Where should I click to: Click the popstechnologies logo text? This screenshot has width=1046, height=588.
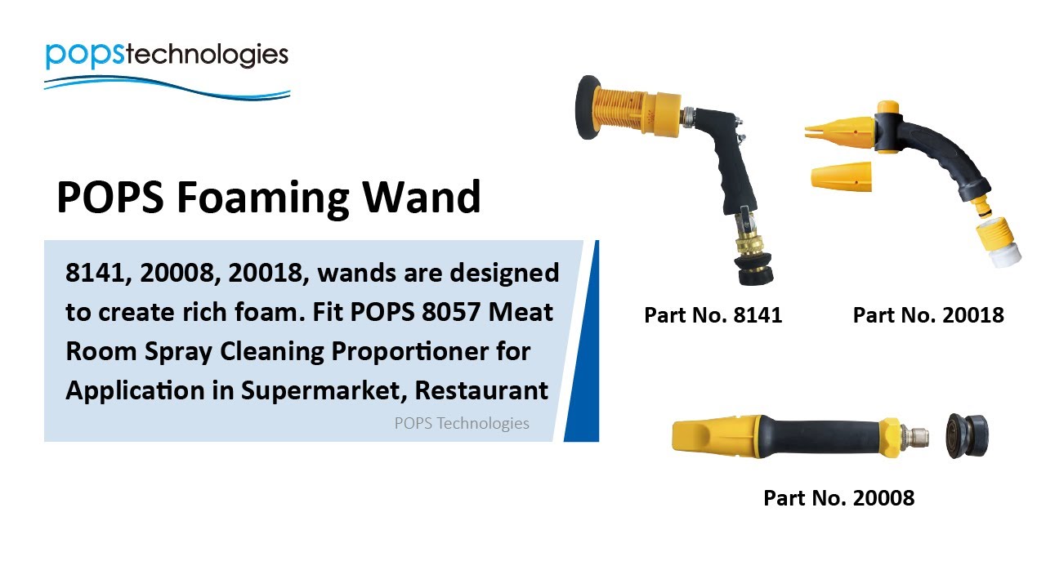pyautogui.click(x=167, y=55)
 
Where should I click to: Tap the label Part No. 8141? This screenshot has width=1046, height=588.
pyautogui.click(x=713, y=315)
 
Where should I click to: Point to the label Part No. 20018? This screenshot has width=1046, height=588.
pyautogui.click(x=928, y=315)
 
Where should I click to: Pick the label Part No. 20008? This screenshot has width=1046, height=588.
pyautogui.click(x=838, y=497)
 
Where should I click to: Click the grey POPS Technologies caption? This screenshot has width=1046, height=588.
pyautogui.click(x=462, y=423)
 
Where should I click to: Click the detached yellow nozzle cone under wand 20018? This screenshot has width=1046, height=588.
pyautogui.click(x=841, y=176)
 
